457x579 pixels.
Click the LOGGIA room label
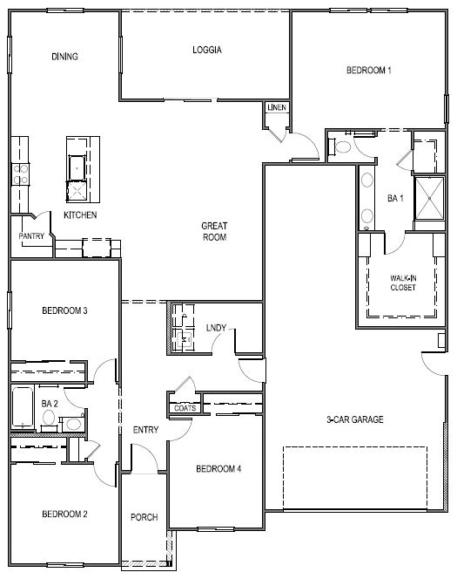[207, 50]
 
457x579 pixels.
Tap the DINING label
[65, 57]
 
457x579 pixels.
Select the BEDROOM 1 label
[369, 70]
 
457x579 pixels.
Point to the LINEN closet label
[277, 107]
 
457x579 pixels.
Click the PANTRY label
[31, 236]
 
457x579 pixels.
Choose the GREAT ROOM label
[214, 232]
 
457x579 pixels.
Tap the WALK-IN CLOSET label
[403, 283]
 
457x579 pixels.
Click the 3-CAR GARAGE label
[355, 419]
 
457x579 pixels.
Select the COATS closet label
[185, 408]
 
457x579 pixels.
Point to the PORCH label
[144, 517]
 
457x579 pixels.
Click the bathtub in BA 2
[23, 407]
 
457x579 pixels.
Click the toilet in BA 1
[340, 146]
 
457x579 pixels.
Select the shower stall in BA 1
[429, 198]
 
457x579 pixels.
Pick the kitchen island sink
[77, 168]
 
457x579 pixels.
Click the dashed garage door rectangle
[355, 478]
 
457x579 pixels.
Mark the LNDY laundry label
[216, 328]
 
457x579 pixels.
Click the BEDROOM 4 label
[218, 469]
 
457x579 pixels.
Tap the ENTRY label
[145, 430]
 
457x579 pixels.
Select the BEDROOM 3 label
[65, 310]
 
